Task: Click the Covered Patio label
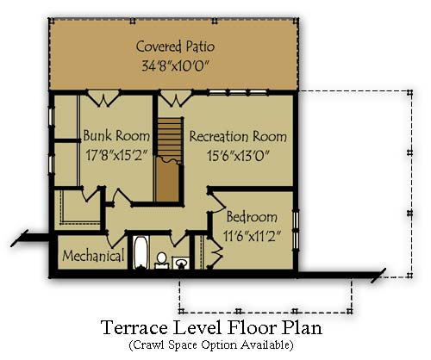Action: (175, 47)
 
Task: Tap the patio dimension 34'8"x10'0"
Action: (174, 66)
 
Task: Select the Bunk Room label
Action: (116, 135)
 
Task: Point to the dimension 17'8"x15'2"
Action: (116, 155)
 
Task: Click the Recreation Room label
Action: (238, 136)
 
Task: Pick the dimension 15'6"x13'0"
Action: (238, 156)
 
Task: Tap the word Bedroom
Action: (252, 217)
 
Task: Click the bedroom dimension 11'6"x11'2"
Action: (252, 237)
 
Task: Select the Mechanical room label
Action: (93, 256)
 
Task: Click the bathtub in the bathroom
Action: (141, 252)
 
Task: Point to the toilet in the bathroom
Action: (161, 260)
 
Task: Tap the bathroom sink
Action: (181, 263)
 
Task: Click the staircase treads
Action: (170, 136)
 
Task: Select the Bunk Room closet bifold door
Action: (103, 99)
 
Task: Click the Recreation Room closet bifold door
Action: (176, 99)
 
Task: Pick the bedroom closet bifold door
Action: (215, 252)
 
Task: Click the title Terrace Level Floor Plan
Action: (212, 327)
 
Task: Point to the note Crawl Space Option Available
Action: (211, 344)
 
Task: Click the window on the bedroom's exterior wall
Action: (296, 230)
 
